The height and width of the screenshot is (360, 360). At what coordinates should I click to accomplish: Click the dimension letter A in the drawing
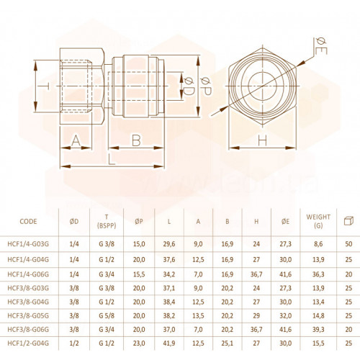coord(76,140)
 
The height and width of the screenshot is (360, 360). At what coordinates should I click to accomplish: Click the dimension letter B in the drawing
coord(136,140)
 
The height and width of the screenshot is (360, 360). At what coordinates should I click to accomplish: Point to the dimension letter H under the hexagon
coord(262,140)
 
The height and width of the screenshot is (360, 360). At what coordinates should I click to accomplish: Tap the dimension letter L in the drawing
coord(112,159)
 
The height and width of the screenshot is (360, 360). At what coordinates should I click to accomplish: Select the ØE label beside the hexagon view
coord(320,46)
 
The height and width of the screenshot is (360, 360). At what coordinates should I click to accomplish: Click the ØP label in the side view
coord(206,86)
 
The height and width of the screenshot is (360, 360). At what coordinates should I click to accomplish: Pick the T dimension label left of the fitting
coord(45,86)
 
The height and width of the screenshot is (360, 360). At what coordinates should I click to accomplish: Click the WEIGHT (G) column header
coord(318,221)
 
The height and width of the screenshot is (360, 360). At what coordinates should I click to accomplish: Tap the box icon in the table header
coord(348,221)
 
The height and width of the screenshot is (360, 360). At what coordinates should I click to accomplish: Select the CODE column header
coord(28,221)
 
